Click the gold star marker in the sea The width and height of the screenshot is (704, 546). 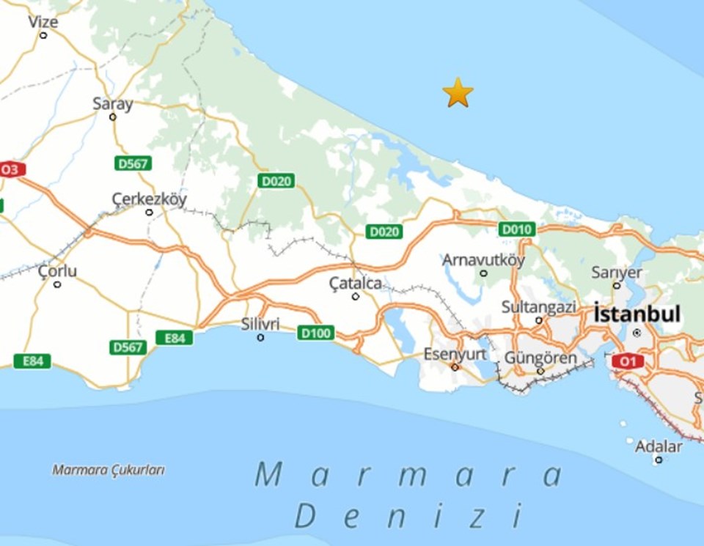[458, 93]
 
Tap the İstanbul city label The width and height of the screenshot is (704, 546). [637, 314]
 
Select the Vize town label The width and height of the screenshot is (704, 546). [43, 22]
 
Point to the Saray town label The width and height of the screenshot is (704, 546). [113, 104]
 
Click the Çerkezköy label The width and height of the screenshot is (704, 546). [149, 199]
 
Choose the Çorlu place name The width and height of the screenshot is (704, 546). [57, 272]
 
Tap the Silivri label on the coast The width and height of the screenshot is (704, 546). [261, 324]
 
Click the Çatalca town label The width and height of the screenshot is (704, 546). [355, 283]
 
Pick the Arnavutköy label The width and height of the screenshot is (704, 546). [483, 260]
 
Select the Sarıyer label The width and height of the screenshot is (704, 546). [617, 273]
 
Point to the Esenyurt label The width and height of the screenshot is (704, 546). [455, 355]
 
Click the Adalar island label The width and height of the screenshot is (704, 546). [659, 446]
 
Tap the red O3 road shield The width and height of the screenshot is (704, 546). [10, 170]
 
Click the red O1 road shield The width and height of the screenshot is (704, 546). [627, 361]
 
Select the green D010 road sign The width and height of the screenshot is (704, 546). [516, 229]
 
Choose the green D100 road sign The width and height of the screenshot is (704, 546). [316, 333]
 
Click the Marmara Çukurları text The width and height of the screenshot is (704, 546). [108, 470]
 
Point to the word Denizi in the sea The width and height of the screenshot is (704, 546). [409, 516]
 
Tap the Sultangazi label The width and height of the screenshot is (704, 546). [539, 307]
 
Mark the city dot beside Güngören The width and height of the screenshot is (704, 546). [540, 371]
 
